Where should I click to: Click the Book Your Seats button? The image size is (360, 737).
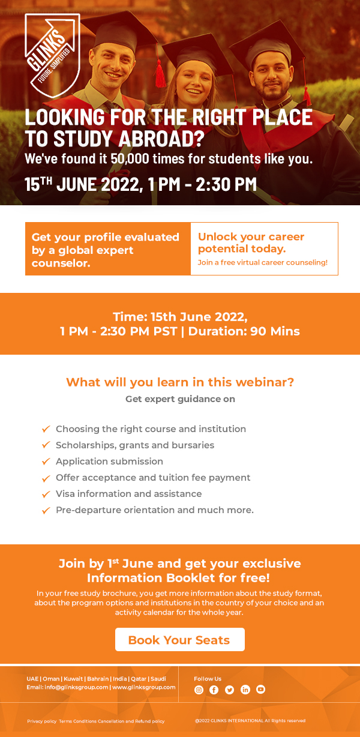tap(179, 639)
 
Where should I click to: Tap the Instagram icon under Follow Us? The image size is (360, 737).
tap(199, 690)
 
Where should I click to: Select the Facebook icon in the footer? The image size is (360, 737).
tap(214, 690)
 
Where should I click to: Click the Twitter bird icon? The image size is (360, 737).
tap(229, 690)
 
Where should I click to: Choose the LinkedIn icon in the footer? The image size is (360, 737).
tap(245, 690)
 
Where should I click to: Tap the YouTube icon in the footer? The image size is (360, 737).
tap(260, 690)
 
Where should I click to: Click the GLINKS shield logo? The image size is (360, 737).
tap(52, 55)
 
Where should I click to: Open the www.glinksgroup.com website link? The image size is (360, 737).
tap(144, 687)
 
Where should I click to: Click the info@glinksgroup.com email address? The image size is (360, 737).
tap(76, 687)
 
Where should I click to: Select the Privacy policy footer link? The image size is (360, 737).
tap(42, 721)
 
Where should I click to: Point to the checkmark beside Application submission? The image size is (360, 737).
tap(46, 462)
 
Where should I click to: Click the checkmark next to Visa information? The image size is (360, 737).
tap(46, 494)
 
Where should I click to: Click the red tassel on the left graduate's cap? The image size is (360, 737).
tap(160, 73)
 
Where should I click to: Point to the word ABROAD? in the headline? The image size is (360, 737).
tap(161, 139)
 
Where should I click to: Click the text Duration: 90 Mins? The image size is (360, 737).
tap(244, 331)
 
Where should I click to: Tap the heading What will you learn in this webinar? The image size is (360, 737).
tap(180, 382)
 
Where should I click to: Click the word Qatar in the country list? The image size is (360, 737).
tap(139, 678)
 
